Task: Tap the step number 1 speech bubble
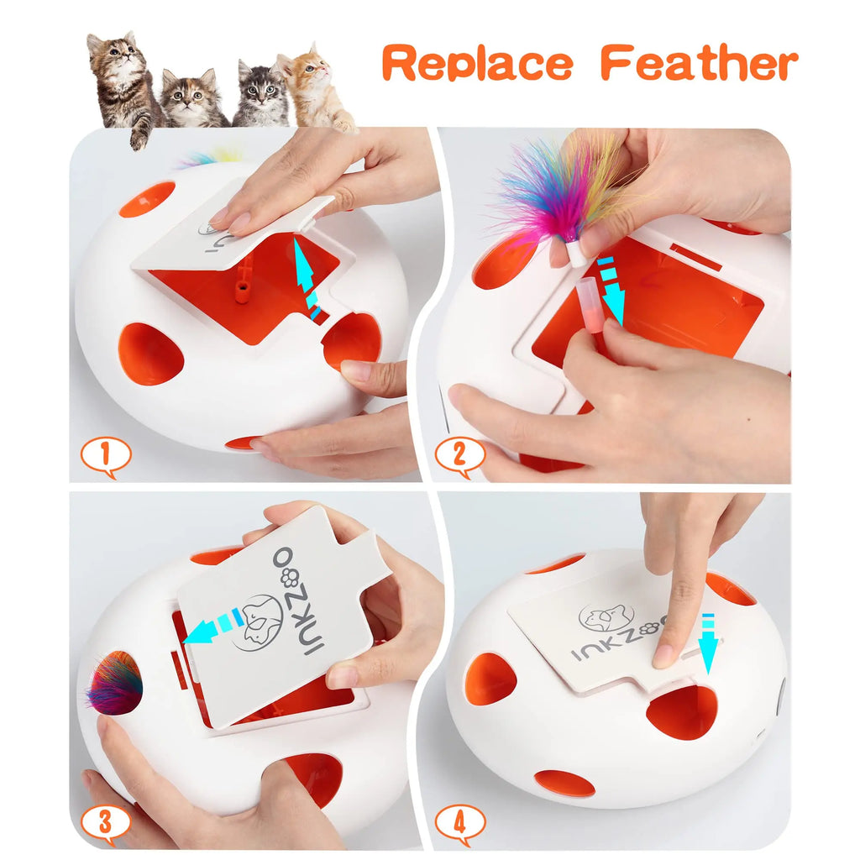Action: click(x=106, y=456)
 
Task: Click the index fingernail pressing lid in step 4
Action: click(x=666, y=655)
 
